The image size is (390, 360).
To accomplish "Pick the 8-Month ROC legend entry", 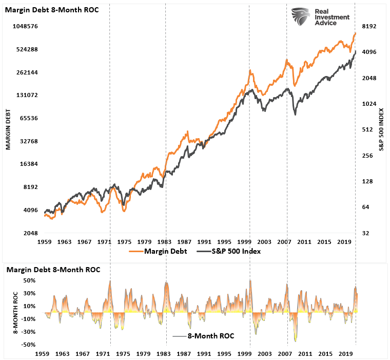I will [x=205, y=336].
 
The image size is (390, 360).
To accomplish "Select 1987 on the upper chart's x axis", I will [x=185, y=241].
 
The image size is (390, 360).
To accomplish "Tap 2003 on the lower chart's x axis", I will [x=264, y=354].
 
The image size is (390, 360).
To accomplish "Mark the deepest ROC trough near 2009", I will [x=296, y=340].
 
